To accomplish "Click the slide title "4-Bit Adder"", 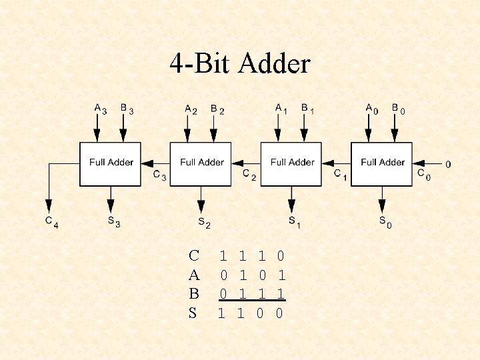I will pos(240,64).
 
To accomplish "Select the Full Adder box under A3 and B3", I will pos(111,163).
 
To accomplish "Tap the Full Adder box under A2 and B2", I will pos(201,163).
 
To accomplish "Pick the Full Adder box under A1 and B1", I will pos(291,163).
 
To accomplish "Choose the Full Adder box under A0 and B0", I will pos(382,163).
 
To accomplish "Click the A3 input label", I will pos(100,108).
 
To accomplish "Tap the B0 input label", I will pos(397,108).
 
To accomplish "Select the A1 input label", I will pos(281,108).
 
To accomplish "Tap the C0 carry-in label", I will pos(423,175).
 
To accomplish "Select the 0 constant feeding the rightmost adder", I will pos(447,163).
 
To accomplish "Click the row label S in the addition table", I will pos(193,313).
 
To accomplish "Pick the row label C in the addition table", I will pos(193,255).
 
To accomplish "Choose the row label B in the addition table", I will pos(193,293).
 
